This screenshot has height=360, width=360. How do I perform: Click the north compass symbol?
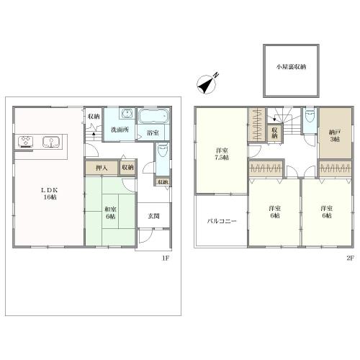tap(207, 84)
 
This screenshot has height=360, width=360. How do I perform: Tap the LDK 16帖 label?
tap(50, 194)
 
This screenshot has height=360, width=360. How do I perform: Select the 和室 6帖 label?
tap(110, 213)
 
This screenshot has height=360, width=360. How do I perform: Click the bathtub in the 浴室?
tap(153, 116)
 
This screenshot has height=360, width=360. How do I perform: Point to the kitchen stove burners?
tap(25, 141)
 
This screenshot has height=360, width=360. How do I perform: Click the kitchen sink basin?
tap(51, 142)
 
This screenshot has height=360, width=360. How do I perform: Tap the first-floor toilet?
tap(163, 150)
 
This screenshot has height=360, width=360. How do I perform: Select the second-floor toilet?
tap(310, 117)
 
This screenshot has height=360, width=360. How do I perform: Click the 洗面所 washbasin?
tap(127, 113)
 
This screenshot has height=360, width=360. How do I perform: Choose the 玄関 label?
tap(153, 216)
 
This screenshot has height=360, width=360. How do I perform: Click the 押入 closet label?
tap(102, 168)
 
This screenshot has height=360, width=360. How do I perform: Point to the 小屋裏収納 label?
tap(291, 67)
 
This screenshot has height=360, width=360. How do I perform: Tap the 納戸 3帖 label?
tap(335, 135)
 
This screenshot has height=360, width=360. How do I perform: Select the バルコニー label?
tap(222, 221)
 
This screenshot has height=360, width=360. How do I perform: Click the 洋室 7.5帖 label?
tap(222, 154)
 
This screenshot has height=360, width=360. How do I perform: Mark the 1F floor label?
tap(166, 258)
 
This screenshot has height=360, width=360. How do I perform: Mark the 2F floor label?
tap(350, 258)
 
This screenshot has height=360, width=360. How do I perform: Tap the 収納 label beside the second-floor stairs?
tap(274, 132)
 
